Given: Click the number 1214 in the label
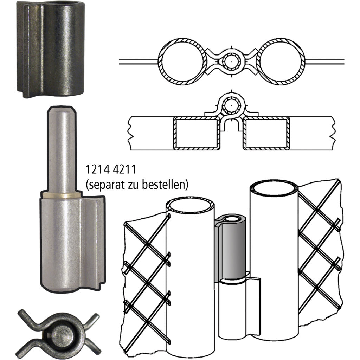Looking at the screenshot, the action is (x=97, y=169).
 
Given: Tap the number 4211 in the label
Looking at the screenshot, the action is (x=124, y=169).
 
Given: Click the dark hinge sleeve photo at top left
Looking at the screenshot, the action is (x=51, y=49).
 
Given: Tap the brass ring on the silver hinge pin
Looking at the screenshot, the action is (x=62, y=195).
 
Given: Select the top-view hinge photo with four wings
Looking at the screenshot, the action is (x=59, y=335).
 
